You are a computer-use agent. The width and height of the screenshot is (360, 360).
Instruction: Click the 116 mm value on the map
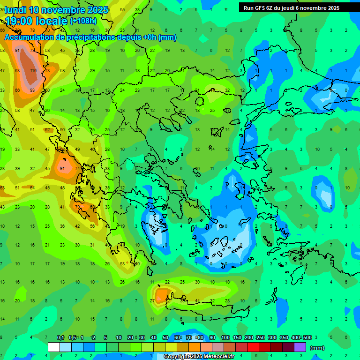click(x=32, y=70)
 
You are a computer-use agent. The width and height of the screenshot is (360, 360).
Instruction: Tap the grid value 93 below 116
click(x=32, y=90)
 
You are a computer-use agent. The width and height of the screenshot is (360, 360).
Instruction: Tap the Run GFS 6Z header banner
click(x=292, y=8)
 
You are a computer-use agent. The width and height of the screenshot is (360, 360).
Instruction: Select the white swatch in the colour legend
click(x=54, y=347)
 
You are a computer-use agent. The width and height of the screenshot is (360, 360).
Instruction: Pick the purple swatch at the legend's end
click(x=300, y=347)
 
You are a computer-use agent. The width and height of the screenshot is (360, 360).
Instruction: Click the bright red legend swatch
click(x=253, y=347)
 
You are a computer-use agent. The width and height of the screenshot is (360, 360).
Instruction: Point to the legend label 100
click(x=225, y=337)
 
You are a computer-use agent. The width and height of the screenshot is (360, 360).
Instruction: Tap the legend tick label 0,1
click(x=60, y=337)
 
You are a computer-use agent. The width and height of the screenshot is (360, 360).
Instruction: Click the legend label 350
click(x=284, y=337)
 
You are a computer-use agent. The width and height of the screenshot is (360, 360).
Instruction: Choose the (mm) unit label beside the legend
click(x=317, y=348)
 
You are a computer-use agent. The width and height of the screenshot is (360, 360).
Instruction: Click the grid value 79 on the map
click(x=77, y=207)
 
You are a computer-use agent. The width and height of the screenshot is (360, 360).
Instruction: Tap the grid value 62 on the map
click(x=47, y=130)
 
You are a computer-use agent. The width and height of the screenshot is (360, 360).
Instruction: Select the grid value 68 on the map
click(x=92, y=207)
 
